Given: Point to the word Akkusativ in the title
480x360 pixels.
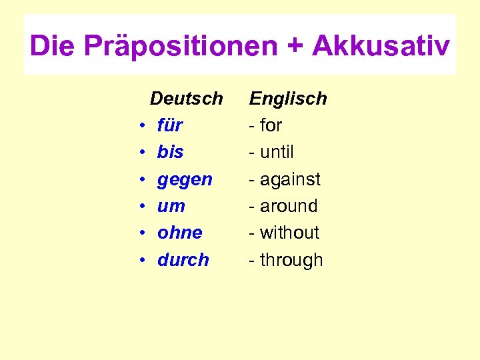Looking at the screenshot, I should coord(381,47).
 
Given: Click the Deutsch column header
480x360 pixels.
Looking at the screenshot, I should coord(186,99).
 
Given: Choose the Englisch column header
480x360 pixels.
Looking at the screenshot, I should coord(288,99).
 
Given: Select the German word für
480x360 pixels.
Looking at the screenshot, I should coord(170,125).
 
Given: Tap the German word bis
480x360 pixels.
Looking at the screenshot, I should coord(170,152).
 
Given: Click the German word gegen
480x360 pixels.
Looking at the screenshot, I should coord(185,179).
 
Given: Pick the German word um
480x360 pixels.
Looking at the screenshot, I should coord(171,206).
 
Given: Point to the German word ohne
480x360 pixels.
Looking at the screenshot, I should coord(179,233).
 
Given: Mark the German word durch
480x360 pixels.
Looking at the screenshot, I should coord(183,259).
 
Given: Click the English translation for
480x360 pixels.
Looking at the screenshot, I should coord(271,125).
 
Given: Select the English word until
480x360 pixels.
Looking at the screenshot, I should coord(277,152).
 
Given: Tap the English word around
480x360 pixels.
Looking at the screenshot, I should coord(289,206).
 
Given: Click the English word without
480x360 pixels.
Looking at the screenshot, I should coord(289,233).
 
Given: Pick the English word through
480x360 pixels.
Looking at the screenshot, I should coord(291,260).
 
